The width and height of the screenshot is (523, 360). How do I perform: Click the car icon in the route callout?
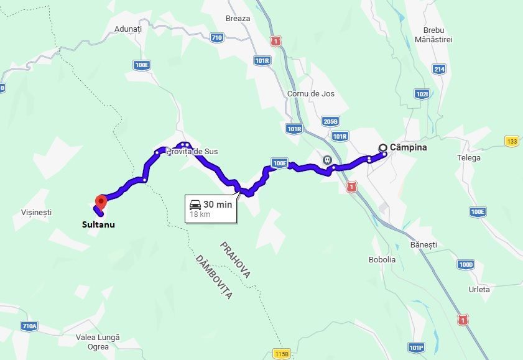point(195,204)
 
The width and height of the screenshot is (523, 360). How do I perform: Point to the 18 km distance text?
point(200,215)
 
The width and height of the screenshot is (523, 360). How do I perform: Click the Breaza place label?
point(238,19)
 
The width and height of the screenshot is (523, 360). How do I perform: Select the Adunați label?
point(128,29)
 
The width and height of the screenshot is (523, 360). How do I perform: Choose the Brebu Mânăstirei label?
point(437,35)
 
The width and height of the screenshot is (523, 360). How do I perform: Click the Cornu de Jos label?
point(311,94)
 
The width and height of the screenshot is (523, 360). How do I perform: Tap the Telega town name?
point(469,158)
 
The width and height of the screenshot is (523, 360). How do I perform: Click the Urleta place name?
point(479,289)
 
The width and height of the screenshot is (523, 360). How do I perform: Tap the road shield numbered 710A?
point(29,326)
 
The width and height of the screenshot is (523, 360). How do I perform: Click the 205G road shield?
point(330,122)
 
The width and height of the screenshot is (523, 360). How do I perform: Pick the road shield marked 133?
point(512,141)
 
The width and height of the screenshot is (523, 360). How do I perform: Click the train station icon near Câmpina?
point(326,160)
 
